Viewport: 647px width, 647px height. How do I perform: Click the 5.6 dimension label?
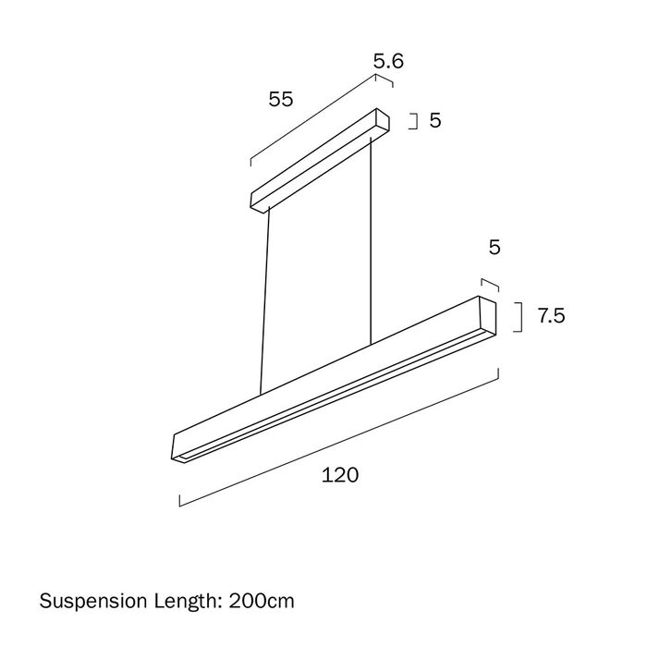[388, 61]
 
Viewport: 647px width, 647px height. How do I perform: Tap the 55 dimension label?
[281, 100]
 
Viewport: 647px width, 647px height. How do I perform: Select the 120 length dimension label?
[340, 475]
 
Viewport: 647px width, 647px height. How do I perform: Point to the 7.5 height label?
[551, 316]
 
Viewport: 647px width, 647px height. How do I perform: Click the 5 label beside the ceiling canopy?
[435, 120]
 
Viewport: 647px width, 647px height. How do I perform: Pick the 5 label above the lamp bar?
[494, 247]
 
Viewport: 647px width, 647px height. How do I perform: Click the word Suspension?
[93, 601]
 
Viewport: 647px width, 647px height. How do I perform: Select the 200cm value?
[262, 601]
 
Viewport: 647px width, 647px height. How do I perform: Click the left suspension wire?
[265, 300]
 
